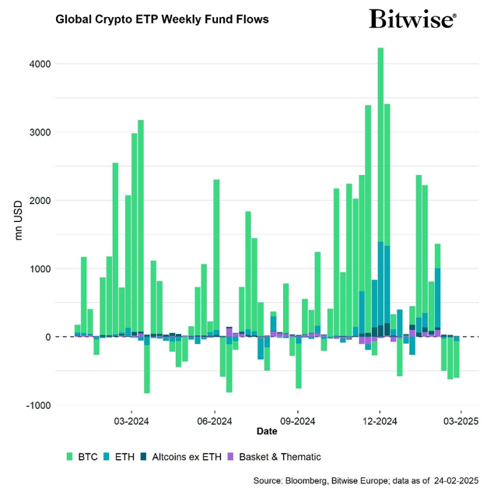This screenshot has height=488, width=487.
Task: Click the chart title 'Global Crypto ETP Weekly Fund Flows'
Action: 162,19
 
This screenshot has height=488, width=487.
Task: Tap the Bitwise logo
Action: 412,19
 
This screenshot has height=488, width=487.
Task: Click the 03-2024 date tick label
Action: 131,421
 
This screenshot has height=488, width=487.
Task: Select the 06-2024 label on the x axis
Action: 215,421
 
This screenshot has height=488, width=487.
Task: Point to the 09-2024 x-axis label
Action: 298,421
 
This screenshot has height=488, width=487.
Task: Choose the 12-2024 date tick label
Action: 380,421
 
